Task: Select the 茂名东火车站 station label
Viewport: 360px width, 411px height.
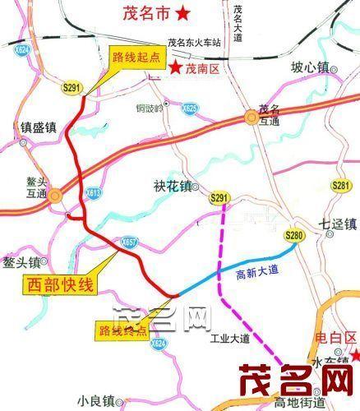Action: [x=196, y=44]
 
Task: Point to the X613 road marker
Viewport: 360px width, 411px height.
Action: [x=93, y=193]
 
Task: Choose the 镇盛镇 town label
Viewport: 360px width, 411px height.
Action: [x=38, y=127]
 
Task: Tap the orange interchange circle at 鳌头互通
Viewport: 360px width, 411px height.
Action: [x=55, y=195]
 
